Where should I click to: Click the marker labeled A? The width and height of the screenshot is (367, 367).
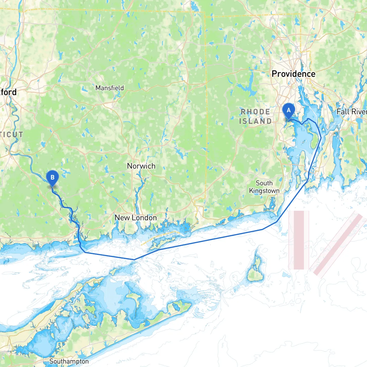pos(288,111)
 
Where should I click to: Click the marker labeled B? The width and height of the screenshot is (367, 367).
pos(52,178)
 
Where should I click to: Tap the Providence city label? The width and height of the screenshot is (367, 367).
pos(293,74)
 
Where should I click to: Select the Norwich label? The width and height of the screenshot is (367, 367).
pos(141,166)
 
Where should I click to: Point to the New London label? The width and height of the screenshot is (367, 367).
pos(136,218)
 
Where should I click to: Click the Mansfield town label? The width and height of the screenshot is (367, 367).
pos(110,88)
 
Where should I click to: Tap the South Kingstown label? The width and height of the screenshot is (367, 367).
pos(264,187)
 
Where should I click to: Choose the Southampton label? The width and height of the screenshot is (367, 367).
pos(69,361)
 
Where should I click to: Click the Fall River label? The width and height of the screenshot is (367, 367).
pos(352,112)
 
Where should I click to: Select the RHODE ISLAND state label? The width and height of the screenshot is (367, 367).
pos(255,116)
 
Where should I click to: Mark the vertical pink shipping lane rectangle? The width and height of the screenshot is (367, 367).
pos(299,240)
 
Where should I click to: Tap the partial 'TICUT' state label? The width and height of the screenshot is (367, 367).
pos(11,134)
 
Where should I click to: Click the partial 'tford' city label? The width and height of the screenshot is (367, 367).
pos(8,92)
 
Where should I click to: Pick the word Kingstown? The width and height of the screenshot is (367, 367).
pos(264,191)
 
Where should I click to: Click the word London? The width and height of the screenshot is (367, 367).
pos(146,218)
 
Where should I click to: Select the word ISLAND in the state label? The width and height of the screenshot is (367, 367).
pos(255,121)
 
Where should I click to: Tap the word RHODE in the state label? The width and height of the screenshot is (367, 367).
pos(255,112)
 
